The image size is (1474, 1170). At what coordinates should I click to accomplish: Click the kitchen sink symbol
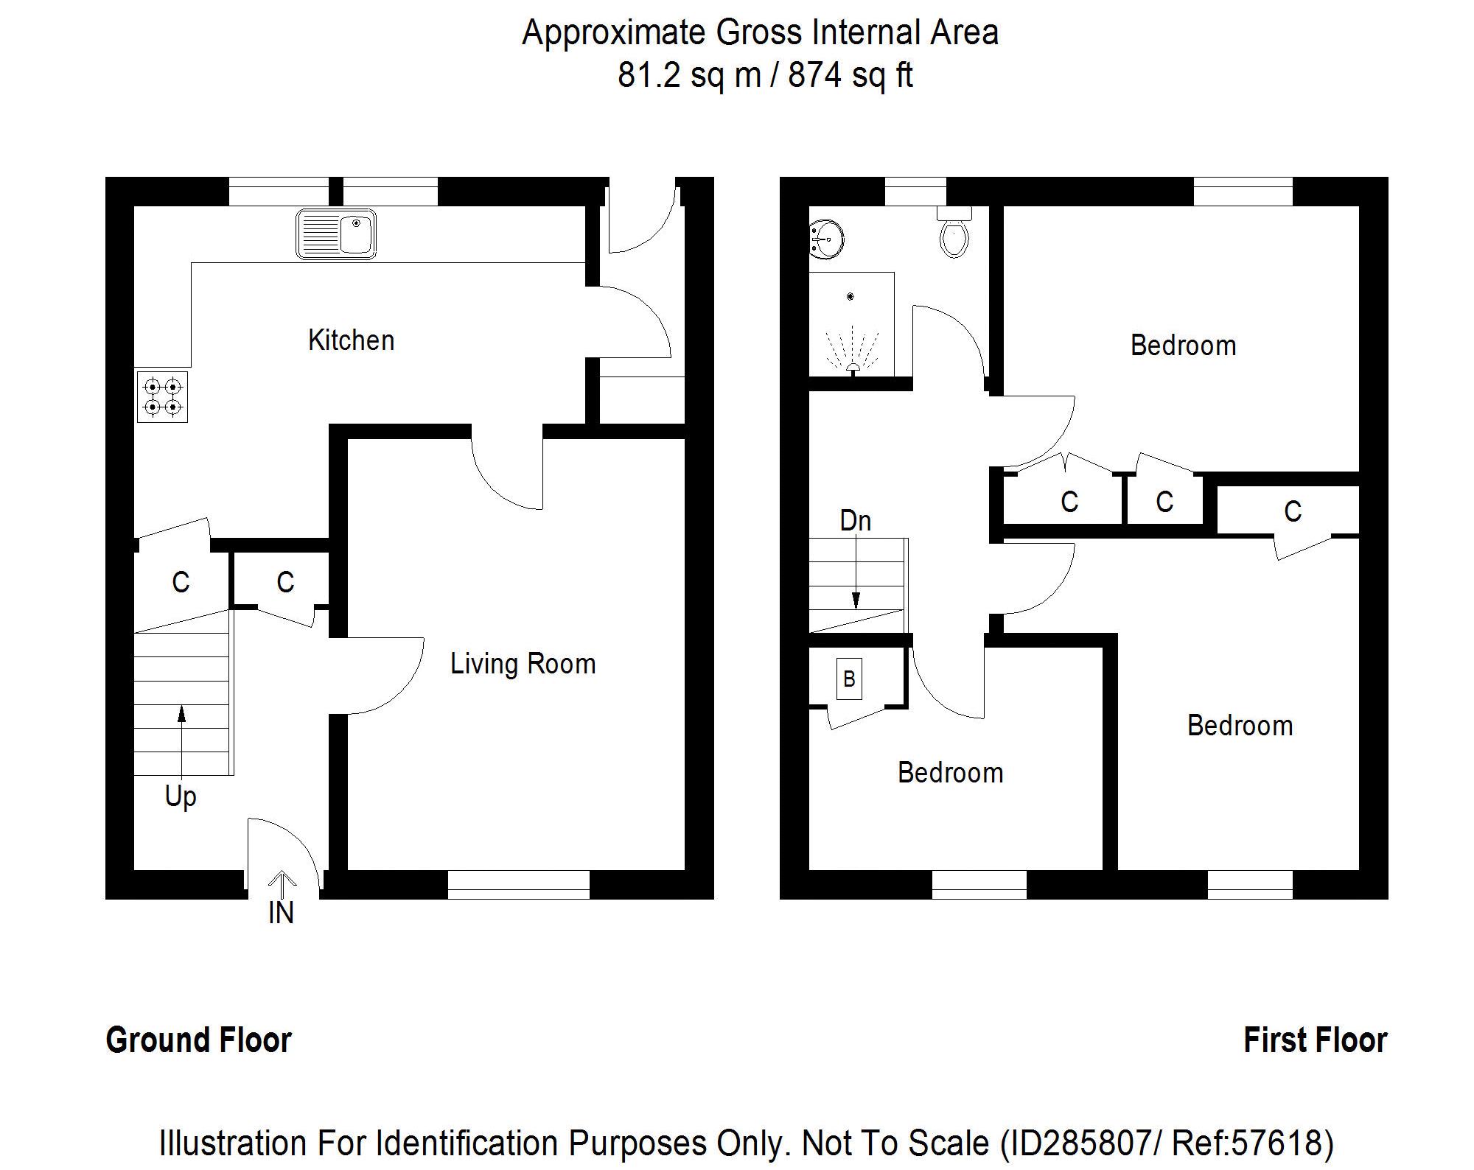tap(336, 234)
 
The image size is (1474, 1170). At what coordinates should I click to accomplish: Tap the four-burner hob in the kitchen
tap(162, 397)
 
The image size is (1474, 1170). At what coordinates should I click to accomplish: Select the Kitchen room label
tap(351, 340)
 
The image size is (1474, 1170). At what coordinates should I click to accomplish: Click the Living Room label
tap(523, 664)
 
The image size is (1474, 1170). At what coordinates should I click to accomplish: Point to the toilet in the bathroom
tap(954, 236)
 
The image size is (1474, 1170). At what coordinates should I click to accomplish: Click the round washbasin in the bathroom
tap(828, 239)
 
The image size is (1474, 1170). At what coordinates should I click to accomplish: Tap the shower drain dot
tap(850, 296)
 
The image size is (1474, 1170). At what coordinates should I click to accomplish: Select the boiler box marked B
tap(849, 679)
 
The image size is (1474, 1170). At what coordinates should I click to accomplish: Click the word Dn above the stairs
tap(855, 521)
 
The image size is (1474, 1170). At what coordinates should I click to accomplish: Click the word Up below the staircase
tap(181, 797)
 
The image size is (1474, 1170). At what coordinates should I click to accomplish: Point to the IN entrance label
tap(281, 914)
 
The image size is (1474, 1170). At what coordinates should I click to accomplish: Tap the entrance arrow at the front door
tap(282, 880)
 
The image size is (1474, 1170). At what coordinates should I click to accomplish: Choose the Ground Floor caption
tap(199, 1040)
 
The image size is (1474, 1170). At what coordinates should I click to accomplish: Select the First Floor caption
tap(1315, 1040)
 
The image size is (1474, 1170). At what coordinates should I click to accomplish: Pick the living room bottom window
tap(518, 884)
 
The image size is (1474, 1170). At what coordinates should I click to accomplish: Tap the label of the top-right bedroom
tap(1183, 346)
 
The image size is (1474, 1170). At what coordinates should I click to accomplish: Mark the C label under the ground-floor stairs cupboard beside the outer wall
tap(181, 583)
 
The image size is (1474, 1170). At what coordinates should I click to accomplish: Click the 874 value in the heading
tap(814, 75)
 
